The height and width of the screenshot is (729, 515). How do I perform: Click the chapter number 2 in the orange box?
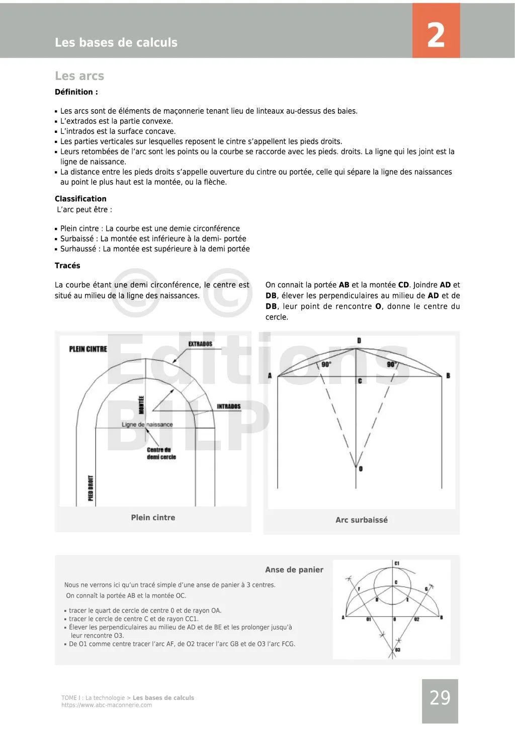[x=436, y=35]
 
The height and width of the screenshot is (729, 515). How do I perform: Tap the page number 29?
[x=440, y=698]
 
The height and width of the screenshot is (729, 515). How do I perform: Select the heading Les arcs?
[x=79, y=76]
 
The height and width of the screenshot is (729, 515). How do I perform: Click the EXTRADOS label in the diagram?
[x=200, y=344]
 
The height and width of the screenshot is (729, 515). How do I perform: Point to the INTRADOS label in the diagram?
[x=229, y=407]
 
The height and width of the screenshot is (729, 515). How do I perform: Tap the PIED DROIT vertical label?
[x=91, y=488]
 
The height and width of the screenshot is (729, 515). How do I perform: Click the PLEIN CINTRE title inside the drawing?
[x=88, y=349]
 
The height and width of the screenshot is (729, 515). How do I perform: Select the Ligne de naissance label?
[x=147, y=425]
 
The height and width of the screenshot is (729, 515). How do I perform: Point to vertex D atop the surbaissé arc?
[x=359, y=341]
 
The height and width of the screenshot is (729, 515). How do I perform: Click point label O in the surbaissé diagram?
[x=361, y=469]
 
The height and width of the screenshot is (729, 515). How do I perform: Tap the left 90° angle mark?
[x=326, y=364]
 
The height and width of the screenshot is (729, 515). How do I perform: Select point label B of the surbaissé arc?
[x=448, y=376]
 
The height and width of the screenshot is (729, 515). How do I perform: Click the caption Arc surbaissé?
[x=362, y=520]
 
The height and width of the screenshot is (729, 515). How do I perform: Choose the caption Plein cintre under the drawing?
[x=153, y=518]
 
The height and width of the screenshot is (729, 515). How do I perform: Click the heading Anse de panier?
[x=294, y=570]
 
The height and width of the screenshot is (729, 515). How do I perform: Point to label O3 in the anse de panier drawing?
[x=397, y=651]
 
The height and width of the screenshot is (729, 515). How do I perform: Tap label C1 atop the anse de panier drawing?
[x=397, y=563]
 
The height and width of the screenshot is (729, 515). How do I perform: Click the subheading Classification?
[x=80, y=199]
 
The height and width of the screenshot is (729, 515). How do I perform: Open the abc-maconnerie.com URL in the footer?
[x=107, y=705]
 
